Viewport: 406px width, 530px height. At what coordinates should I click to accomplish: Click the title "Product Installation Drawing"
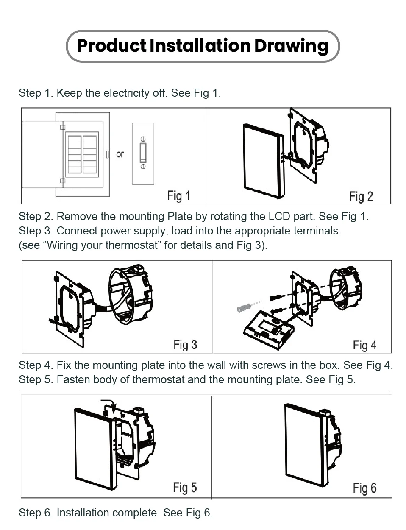pyautogui.click(x=203, y=46)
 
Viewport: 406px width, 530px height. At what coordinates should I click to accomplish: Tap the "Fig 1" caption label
pyautogui.click(x=178, y=196)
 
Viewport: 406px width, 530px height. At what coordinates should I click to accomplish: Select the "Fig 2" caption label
pyautogui.click(x=361, y=196)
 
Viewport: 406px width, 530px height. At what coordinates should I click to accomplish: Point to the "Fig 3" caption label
pyautogui.click(x=185, y=345)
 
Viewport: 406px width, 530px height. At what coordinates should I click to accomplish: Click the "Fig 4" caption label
pyautogui.click(x=364, y=346)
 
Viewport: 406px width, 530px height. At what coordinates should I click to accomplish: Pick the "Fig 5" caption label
pyautogui.click(x=185, y=488)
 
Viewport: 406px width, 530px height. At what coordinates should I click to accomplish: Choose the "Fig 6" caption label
pyautogui.click(x=364, y=488)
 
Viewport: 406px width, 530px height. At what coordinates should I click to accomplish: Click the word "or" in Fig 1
pyautogui.click(x=120, y=154)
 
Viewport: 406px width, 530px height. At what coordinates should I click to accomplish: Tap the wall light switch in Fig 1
pyautogui.click(x=143, y=153)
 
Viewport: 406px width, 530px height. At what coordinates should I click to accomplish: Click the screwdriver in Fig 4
pyautogui.click(x=249, y=306)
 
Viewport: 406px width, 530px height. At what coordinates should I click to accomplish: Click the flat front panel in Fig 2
pyautogui.click(x=263, y=160)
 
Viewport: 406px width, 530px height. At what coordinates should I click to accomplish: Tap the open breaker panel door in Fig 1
pyautogui.click(x=42, y=154)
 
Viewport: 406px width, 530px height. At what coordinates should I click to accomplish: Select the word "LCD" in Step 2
pyautogui.click(x=279, y=216)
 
